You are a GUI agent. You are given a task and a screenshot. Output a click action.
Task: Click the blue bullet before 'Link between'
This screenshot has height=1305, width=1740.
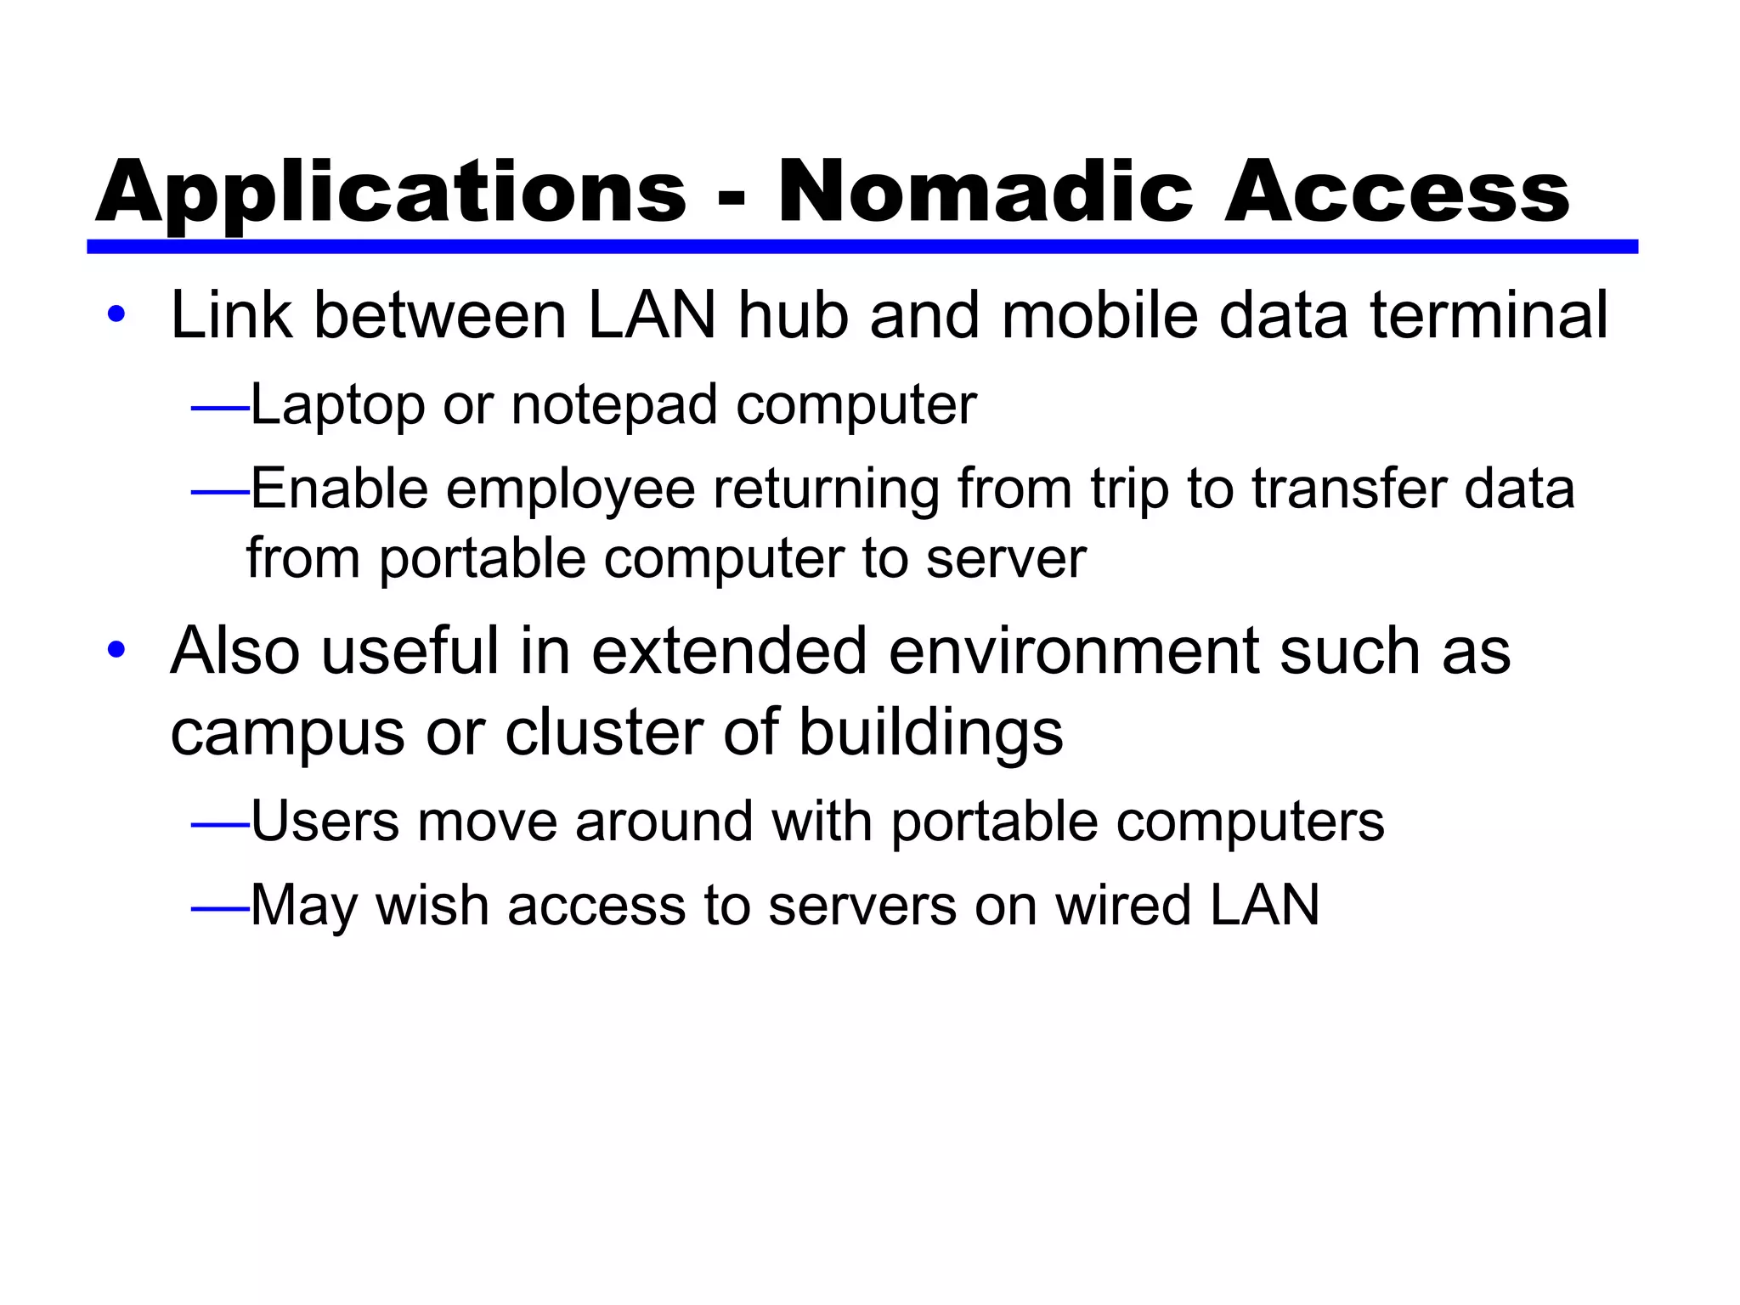click(116, 315)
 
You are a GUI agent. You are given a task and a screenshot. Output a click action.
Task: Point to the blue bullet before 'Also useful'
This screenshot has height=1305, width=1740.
click(116, 651)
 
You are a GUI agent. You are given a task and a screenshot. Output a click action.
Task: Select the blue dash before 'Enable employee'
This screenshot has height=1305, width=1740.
click(219, 491)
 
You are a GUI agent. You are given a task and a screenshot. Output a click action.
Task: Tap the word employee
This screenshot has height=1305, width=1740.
click(570, 491)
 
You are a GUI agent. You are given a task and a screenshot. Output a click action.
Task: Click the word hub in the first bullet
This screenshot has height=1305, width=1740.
click(793, 315)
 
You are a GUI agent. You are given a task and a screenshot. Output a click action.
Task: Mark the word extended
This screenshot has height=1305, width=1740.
click(729, 651)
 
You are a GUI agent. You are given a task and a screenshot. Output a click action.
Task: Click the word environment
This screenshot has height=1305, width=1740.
click(1074, 651)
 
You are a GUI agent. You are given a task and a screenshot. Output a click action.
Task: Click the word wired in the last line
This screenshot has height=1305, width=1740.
click(1124, 905)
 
